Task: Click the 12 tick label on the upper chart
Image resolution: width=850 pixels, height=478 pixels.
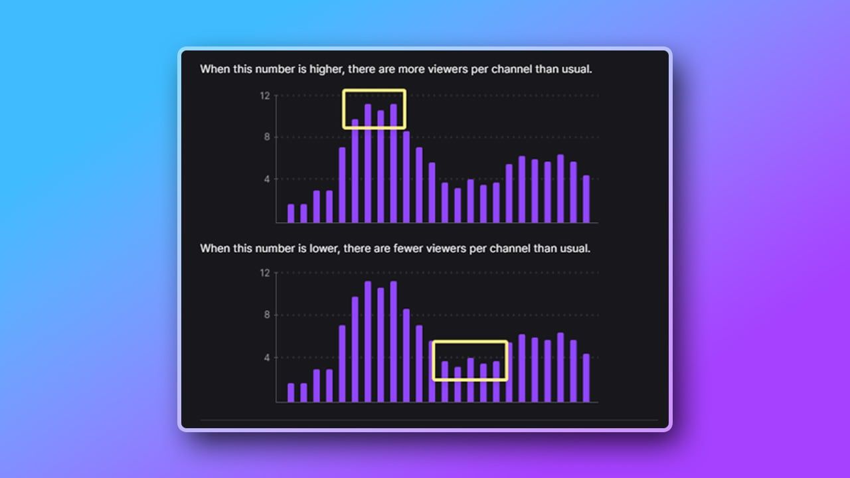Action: tap(265, 96)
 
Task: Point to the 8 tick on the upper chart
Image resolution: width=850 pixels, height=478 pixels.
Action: tap(267, 137)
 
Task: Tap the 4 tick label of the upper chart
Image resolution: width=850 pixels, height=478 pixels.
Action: tap(267, 179)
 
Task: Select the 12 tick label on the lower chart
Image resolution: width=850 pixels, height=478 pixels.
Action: tap(265, 273)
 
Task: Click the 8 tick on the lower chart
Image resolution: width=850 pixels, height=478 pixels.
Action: tap(267, 315)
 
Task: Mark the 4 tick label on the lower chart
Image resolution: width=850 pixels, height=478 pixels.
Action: tap(267, 358)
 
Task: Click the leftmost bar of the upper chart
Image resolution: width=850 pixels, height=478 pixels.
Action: tap(291, 213)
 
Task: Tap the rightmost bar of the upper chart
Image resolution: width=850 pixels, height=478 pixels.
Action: tap(586, 199)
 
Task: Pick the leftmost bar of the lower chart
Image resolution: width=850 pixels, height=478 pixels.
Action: tap(291, 392)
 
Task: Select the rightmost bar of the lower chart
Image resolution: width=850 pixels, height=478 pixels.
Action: tap(586, 378)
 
